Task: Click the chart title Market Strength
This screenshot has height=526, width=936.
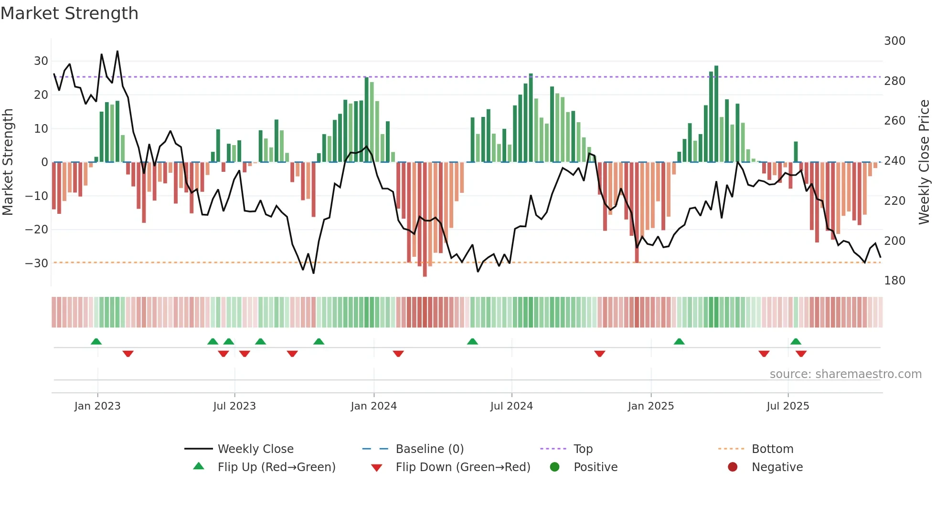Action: tap(69, 13)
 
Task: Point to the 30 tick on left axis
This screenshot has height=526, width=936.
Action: tap(41, 61)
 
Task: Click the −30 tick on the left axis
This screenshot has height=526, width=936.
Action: tap(37, 263)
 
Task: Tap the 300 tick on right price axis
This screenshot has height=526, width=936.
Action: tap(894, 41)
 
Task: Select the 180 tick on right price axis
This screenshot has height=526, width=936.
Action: tap(894, 281)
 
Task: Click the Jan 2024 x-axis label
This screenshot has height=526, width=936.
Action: tap(373, 406)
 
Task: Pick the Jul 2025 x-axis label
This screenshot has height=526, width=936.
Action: tap(787, 406)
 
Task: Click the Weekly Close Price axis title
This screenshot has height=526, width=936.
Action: tap(924, 162)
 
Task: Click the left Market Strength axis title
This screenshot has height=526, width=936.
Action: tap(8, 162)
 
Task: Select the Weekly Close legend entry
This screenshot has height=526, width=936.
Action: tap(255, 449)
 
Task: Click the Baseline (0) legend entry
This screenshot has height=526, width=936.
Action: tap(429, 449)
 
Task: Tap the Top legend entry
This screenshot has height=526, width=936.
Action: tap(583, 449)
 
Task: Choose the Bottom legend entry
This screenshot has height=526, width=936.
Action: tap(772, 449)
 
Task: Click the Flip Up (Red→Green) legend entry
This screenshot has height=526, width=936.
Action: tap(276, 467)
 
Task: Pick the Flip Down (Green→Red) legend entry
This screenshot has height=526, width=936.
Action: tap(462, 467)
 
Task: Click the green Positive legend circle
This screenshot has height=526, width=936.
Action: tap(554, 467)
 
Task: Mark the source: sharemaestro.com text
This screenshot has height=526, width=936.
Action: tap(845, 374)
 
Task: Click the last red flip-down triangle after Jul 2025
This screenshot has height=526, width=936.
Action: tap(801, 354)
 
